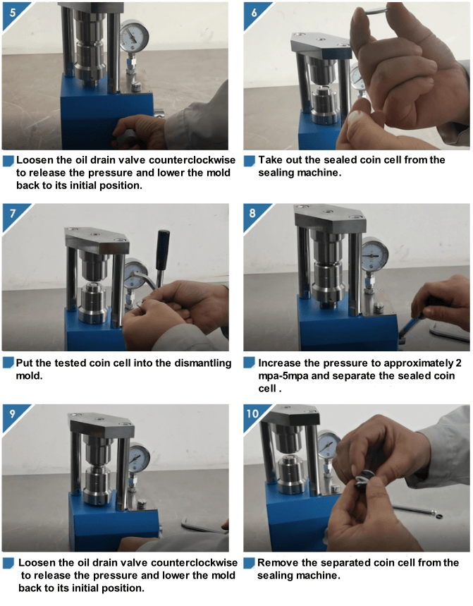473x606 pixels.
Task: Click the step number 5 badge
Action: click(13, 13)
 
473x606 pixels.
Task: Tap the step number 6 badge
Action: click(253, 13)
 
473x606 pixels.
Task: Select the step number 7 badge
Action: click(13, 214)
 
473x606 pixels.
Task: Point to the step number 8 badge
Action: click(252, 214)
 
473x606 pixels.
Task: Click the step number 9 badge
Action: click(13, 414)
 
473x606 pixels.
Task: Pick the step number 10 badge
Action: click(253, 414)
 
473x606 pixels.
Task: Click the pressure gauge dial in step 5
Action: click(135, 37)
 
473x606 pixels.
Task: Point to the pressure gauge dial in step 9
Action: click(138, 459)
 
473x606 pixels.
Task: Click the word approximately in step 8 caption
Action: click(419, 364)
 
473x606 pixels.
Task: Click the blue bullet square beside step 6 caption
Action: click(250, 161)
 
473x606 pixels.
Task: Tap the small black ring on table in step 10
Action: click(438, 516)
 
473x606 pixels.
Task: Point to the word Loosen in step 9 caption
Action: click(36, 563)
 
